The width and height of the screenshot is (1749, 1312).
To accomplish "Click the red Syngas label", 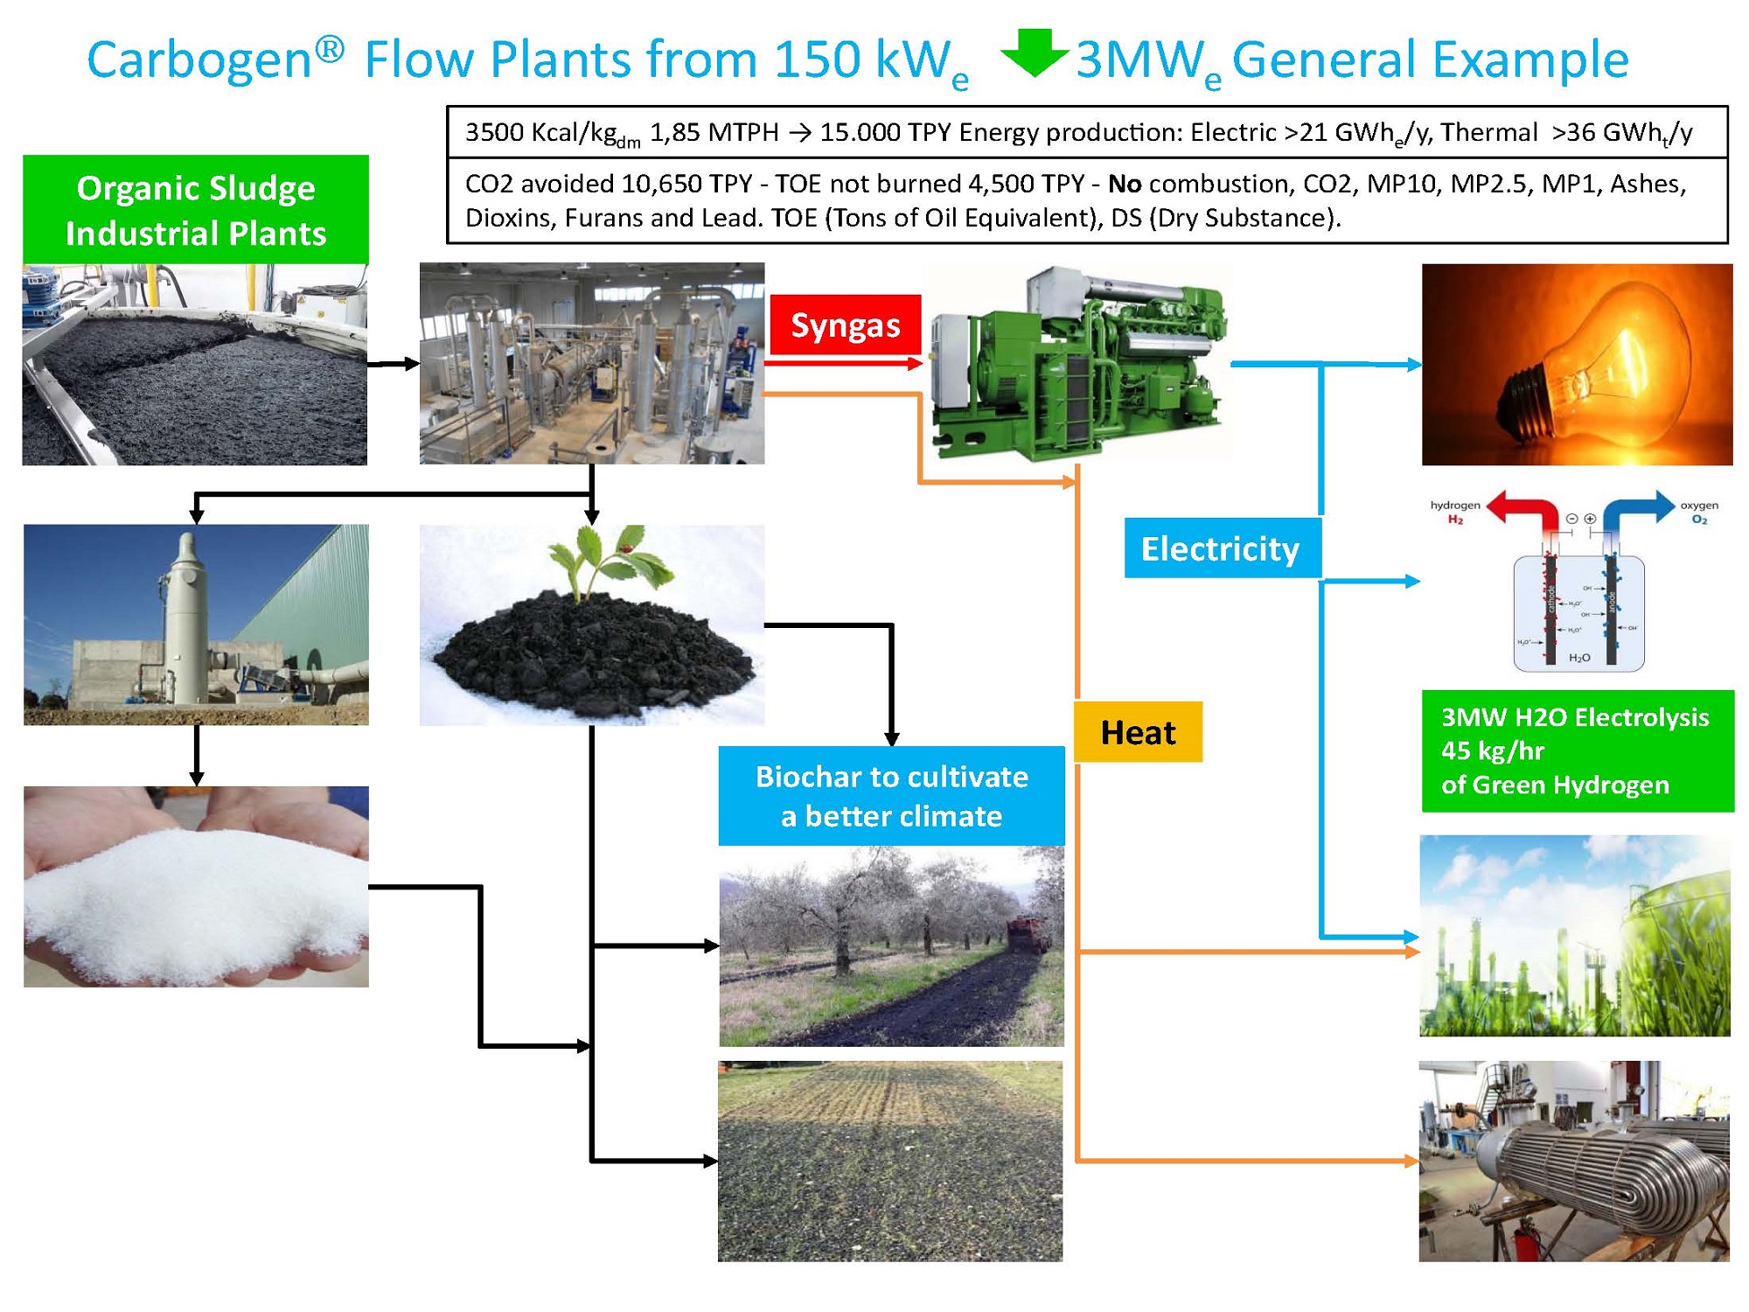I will click(845, 325).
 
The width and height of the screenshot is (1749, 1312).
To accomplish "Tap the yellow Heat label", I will click(1138, 732).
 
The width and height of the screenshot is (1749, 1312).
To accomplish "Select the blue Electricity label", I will click(1221, 548).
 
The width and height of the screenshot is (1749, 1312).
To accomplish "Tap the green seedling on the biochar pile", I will click(603, 564).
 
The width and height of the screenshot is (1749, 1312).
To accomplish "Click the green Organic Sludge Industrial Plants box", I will click(196, 210).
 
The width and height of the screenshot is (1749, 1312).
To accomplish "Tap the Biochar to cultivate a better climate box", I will click(891, 796).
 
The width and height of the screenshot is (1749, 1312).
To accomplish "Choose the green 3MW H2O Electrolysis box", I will click(1577, 750).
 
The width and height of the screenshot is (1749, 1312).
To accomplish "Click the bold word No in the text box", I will click(1125, 184).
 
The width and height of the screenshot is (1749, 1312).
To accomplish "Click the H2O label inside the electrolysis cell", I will click(1579, 658).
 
